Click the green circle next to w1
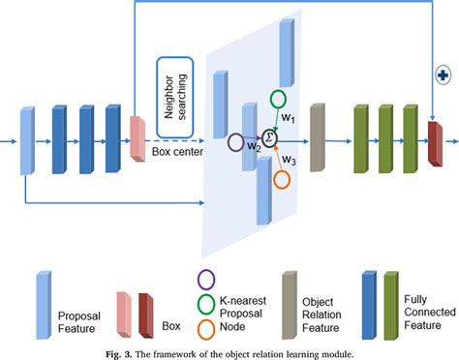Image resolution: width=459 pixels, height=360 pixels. [278, 99]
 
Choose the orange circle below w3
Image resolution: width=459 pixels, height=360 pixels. [283, 179]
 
